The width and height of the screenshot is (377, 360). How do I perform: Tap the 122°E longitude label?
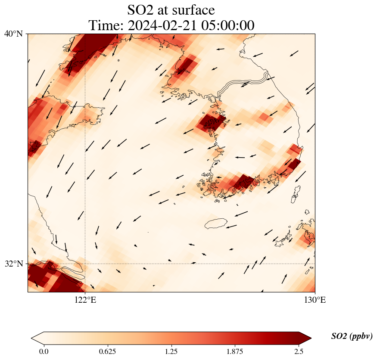point(85,300)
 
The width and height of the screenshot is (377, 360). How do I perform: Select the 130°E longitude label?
point(315,300)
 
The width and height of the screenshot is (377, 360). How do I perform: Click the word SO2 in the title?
point(140,10)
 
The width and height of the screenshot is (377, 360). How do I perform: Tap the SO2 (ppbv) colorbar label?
point(352,336)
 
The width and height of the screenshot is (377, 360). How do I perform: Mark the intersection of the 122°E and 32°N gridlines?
point(85,264)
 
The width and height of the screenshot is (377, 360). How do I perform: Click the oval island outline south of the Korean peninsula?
point(216,223)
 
